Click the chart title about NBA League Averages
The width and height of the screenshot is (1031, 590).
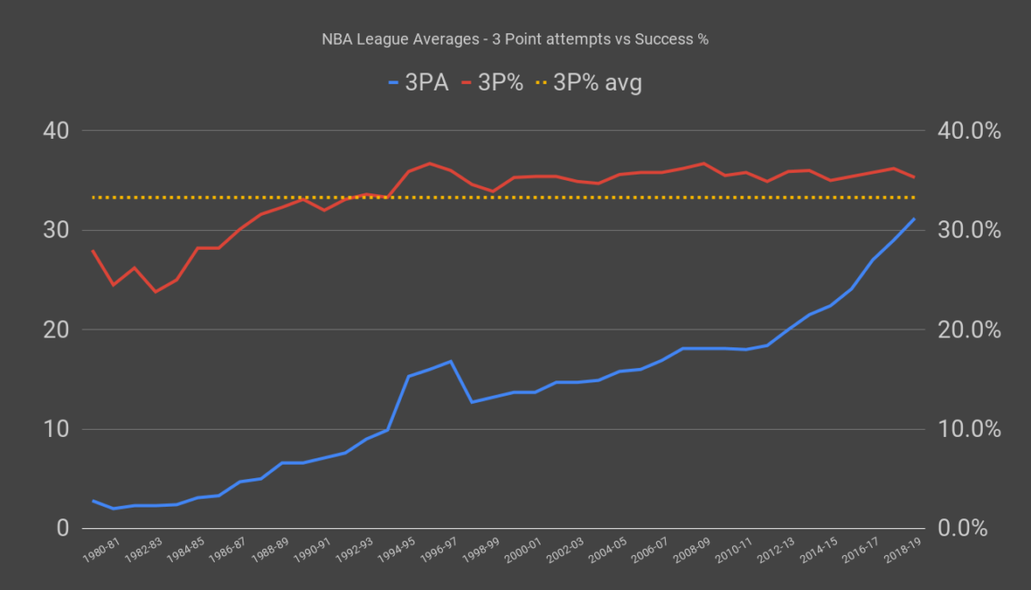pyautogui.click(x=515, y=40)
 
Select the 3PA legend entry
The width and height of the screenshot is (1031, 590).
pyautogui.click(x=417, y=83)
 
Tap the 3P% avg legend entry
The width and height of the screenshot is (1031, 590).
pyautogui.click(x=588, y=83)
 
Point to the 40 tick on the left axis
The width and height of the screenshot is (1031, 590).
pyautogui.click(x=55, y=131)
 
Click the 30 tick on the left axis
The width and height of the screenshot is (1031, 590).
pyautogui.click(x=55, y=230)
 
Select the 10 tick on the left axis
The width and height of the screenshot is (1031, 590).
pyautogui.click(x=55, y=429)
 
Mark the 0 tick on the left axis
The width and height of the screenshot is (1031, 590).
pyautogui.click(x=62, y=528)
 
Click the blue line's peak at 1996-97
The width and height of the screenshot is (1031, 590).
pyautogui.click(x=450, y=361)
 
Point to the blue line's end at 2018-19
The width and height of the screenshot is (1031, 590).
pyautogui.click(x=914, y=218)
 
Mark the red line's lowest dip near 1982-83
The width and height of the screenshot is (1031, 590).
pyautogui.click(x=156, y=291)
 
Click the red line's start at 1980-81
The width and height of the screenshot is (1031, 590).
pyautogui.click(x=93, y=251)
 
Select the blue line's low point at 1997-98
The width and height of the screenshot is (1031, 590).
pyautogui.click(x=472, y=402)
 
